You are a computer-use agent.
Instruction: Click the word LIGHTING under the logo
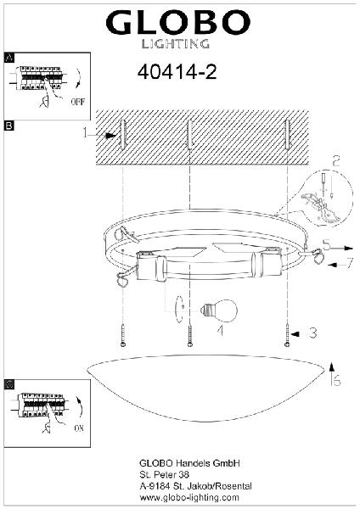pos(176,44)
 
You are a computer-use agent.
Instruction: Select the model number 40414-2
pos(177,72)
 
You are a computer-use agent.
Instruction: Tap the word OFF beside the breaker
pos(78,102)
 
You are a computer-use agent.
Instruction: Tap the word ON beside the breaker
pos(79,428)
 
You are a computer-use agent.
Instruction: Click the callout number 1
pos(85,132)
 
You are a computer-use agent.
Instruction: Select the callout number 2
pos(336,161)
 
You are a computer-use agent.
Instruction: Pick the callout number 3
pos(313,333)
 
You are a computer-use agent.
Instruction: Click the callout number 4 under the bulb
pos(221,331)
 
